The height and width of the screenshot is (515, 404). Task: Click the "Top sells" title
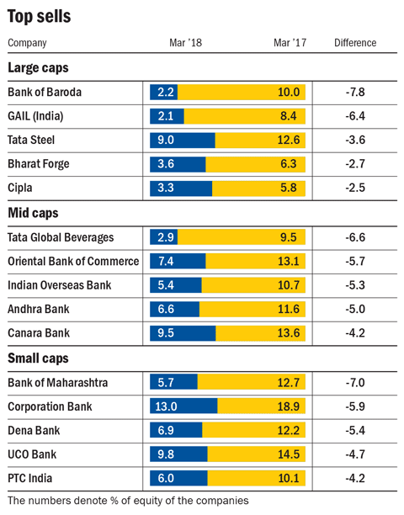(x=39, y=17)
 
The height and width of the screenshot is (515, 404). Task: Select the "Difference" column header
(x=355, y=43)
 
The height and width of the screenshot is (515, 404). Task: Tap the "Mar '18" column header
(x=185, y=43)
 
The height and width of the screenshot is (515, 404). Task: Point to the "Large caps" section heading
(x=38, y=68)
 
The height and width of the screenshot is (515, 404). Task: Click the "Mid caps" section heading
(x=33, y=213)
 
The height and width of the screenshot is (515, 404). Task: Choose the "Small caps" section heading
(x=38, y=358)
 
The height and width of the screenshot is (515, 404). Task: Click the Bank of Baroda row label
(x=45, y=93)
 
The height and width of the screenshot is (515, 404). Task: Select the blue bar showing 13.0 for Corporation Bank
(x=183, y=406)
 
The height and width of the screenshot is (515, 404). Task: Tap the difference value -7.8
(x=355, y=93)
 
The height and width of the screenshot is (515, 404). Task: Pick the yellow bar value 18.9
(x=289, y=406)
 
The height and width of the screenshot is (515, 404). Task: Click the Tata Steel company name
(x=31, y=140)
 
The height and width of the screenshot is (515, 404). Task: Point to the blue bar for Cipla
(x=181, y=188)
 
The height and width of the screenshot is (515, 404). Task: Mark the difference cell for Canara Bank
(x=355, y=333)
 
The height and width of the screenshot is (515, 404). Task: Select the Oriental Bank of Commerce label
(x=73, y=262)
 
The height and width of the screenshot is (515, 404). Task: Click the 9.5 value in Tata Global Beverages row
(x=289, y=237)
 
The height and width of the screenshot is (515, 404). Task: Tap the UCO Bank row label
(x=32, y=454)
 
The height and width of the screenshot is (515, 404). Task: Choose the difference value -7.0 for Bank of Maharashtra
(x=355, y=383)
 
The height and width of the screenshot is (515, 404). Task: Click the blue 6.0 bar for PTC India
(x=178, y=478)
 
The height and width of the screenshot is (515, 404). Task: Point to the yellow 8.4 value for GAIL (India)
(x=289, y=116)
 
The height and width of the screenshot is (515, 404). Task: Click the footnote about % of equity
(x=128, y=501)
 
